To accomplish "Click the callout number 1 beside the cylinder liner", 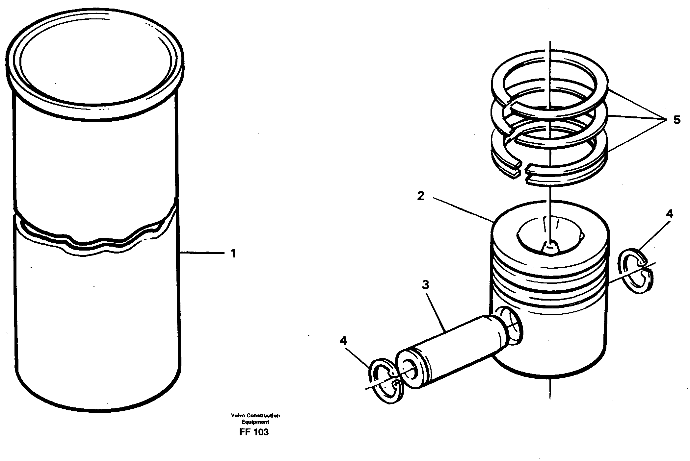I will pos(233,254).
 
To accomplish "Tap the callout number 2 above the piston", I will pos(421,196).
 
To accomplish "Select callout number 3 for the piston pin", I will pos(426,285).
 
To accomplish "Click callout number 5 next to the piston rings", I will pos(677,120).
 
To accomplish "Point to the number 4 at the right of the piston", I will pos(669,214).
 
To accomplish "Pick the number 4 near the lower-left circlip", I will pos(343,341).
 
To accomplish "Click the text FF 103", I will pos(254,432).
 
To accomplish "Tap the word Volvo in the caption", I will pos(236,416).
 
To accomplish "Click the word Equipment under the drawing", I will pos(255,422).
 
